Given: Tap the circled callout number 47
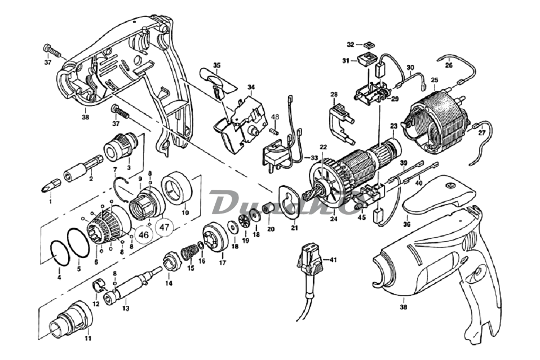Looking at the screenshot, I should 164,228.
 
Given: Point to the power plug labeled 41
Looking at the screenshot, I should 307,263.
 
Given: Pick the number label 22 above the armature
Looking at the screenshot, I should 323,148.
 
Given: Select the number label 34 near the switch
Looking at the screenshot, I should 251,87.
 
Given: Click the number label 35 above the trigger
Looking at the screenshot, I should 216,65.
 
